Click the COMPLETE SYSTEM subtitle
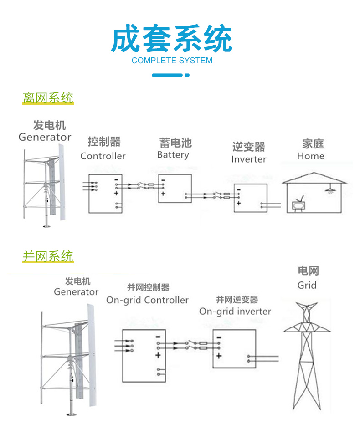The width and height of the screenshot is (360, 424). click(172, 61)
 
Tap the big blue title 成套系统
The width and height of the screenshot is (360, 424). click(172, 40)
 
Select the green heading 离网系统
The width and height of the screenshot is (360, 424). click(48, 98)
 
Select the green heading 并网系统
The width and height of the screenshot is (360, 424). click(48, 256)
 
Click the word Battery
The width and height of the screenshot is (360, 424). click(173, 155)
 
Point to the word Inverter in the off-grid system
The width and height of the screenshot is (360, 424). click(248, 159)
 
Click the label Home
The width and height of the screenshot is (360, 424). click(311, 156)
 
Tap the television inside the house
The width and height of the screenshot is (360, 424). click(299, 205)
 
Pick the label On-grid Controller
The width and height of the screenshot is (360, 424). click(147, 300)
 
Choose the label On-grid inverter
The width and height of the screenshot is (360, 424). click(235, 312)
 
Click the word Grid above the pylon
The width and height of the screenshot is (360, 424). click(307, 286)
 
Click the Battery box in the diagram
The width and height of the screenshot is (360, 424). click(175, 189)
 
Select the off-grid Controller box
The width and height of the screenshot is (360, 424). click(105, 193)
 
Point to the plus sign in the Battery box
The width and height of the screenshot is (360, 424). click(163, 194)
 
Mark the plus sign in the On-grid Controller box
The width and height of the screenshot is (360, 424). click(158, 355)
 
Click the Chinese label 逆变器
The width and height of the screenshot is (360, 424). click(248, 147)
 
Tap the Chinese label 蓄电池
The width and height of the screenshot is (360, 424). click(175, 143)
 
